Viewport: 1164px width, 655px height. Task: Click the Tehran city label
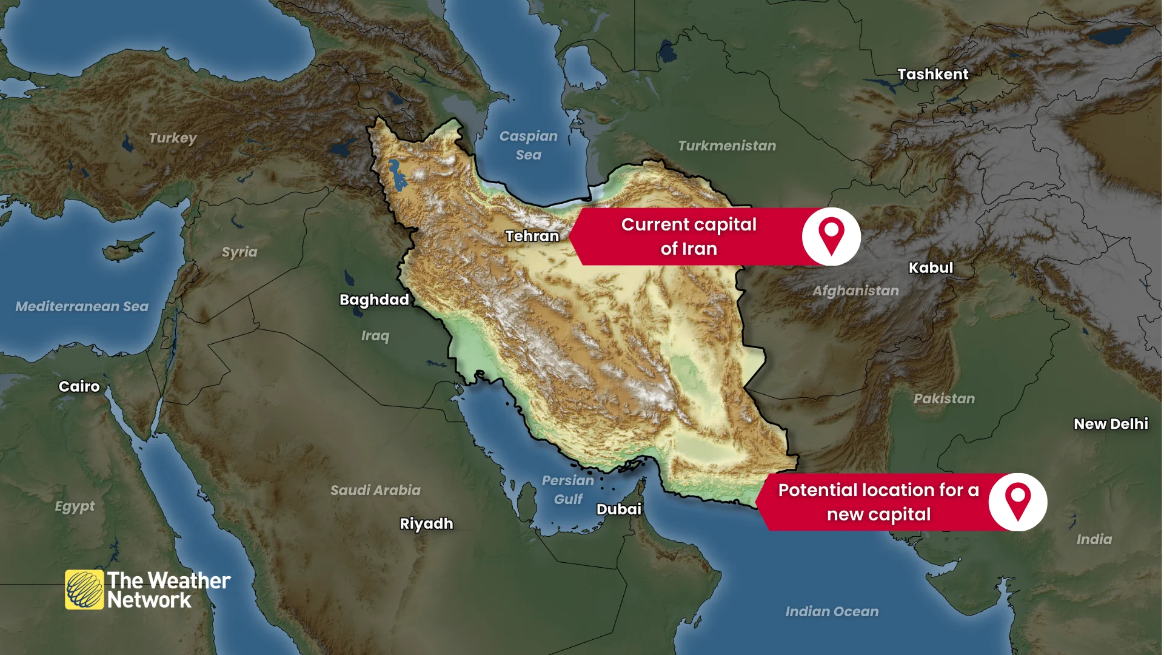532,236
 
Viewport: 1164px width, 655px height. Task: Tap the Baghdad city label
374,300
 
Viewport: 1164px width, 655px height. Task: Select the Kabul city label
931,267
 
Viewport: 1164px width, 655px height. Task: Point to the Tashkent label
933,74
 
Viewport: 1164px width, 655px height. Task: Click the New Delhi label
1111,424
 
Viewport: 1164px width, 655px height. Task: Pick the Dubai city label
618,509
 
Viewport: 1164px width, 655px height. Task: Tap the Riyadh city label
426,523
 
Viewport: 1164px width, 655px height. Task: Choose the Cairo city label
79,386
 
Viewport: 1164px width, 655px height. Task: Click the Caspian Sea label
529,145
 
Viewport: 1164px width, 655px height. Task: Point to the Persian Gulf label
568,489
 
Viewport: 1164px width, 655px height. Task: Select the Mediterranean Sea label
82,306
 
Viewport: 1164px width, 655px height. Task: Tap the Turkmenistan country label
727,146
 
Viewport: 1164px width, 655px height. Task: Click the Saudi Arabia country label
375,490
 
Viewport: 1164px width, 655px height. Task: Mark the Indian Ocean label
832,611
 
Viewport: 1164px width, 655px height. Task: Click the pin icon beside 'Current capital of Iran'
831,236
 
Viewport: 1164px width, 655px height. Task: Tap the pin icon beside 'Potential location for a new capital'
1018,502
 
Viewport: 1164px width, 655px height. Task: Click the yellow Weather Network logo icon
84,589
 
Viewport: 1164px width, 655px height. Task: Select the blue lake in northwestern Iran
397,175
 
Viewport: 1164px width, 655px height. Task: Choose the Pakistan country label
944,398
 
